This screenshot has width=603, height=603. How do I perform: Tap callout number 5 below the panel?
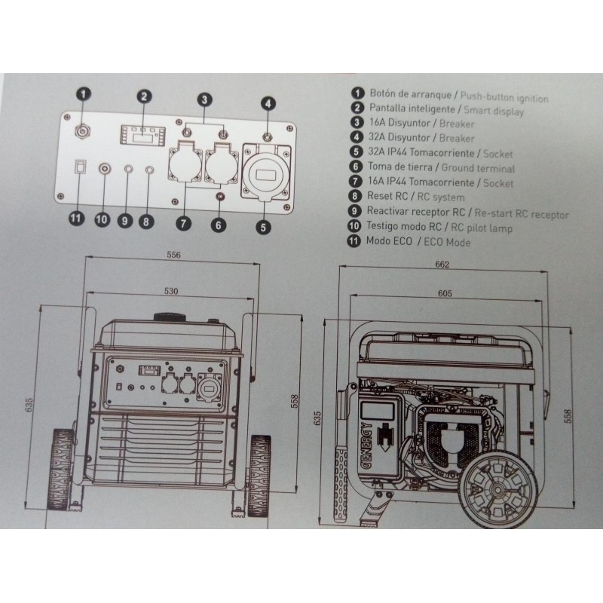click(x=263, y=227)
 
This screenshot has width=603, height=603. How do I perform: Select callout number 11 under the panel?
click(x=77, y=219)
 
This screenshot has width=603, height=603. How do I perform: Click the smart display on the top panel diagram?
click(x=143, y=135)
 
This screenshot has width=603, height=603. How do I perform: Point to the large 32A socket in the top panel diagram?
click(x=266, y=173)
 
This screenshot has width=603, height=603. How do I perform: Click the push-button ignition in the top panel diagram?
click(x=83, y=131)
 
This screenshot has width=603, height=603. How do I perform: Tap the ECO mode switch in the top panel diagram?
click(x=80, y=167)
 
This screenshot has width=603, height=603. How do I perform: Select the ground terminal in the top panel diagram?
click(x=220, y=197)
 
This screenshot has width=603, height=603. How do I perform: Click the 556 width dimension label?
click(x=173, y=255)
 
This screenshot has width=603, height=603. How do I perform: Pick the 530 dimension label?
click(x=171, y=291)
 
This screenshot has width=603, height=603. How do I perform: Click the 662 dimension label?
click(x=442, y=265)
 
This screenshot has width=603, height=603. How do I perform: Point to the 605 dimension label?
click(x=445, y=293)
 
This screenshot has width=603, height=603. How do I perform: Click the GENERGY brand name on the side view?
click(x=366, y=446)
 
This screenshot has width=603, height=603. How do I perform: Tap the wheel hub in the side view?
click(x=498, y=490)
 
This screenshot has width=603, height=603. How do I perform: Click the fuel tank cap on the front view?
click(x=170, y=317)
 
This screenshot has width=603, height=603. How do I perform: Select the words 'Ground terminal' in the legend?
click(x=478, y=168)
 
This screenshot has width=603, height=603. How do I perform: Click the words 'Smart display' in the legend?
click(x=494, y=111)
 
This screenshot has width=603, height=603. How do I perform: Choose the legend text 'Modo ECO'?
click(x=389, y=241)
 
